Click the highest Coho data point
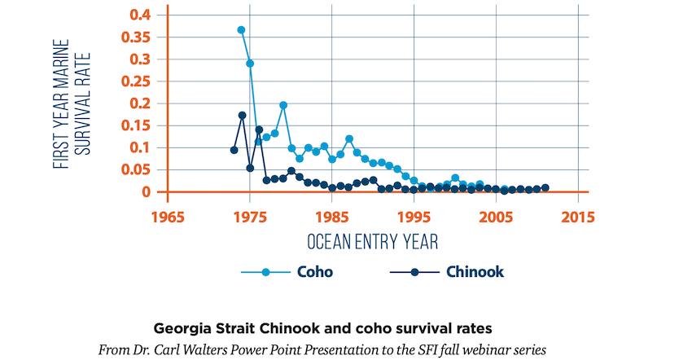tap(242, 30)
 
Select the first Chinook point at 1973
tap(234, 150)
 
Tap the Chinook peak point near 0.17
tap(242, 116)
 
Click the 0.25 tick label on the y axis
tap(135, 81)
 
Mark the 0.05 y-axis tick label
tap(135, 169)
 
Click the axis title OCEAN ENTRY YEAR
tap(373, 242)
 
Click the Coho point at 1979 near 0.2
tap(283, 105)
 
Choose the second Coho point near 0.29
tap(250, 64)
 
